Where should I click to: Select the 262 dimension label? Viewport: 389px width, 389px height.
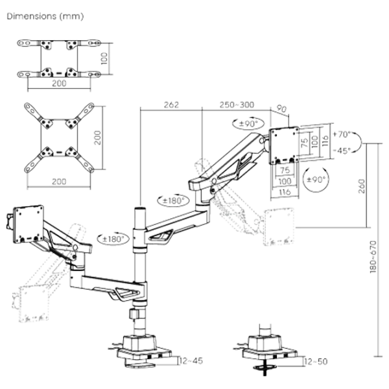tap(171, 104)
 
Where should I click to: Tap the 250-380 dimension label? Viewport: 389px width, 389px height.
tap(236, 104)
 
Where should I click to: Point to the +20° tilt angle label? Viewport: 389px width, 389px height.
tap(343, 134)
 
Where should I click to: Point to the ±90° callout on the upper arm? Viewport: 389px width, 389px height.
tap(246, 123)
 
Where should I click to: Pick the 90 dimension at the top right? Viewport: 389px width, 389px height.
tap(280, 108)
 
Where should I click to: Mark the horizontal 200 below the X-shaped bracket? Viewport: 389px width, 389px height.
tap(59, 182)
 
